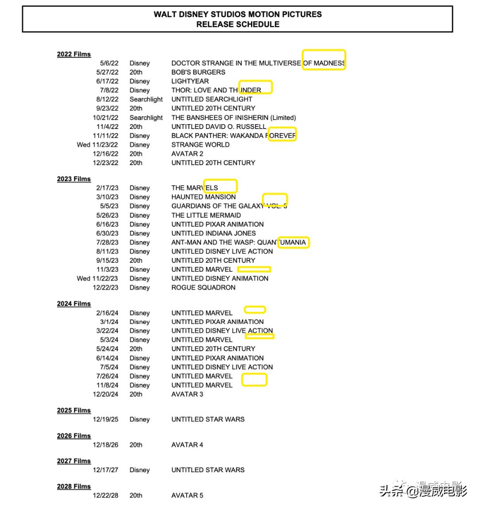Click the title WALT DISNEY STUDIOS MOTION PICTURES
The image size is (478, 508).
coord(238,14)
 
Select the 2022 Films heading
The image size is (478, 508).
coord(73,54)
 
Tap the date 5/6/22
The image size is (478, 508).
coord(109,63)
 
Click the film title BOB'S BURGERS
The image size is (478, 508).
coord(198,72)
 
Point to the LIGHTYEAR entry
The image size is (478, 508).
coord(190,81)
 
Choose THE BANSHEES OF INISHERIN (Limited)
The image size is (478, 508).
coord(234,118)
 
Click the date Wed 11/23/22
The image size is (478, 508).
coord(97,144)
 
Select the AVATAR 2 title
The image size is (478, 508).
coord(187,154)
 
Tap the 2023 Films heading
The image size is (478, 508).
coord(73,179)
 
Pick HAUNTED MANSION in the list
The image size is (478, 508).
coord(204,197)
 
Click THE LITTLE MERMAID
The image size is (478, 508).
coord(206,215)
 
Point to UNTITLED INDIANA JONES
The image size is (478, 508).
coord(213,233)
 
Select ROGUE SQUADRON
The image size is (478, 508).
coord(203,288)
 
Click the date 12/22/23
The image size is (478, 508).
coord(105,288)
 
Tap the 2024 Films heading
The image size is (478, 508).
coord(73,304)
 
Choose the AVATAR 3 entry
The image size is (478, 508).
coord(187,394)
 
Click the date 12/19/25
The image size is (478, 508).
coord(105,419)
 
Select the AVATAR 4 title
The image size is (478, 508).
coord(187,445)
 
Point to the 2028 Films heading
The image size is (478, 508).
coord(73,486)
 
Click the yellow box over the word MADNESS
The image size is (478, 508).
coord(324,60)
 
